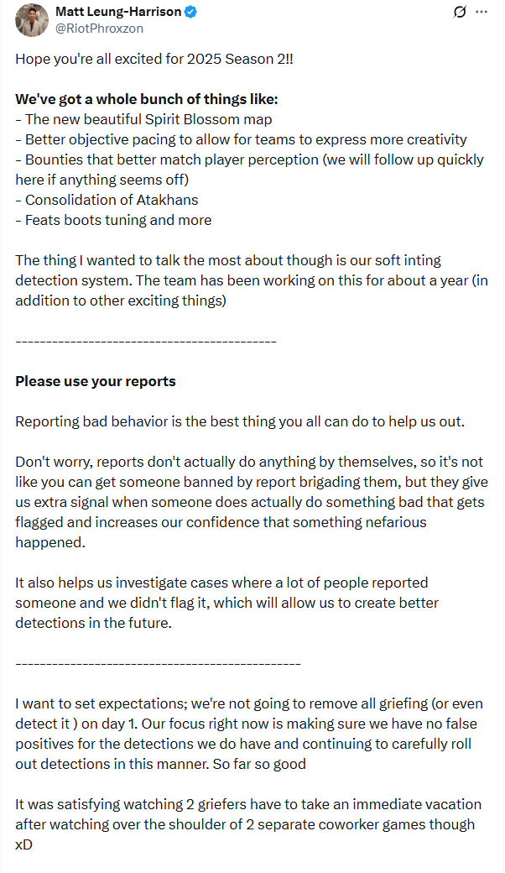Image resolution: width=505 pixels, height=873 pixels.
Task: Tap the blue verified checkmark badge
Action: [x=191, y=12]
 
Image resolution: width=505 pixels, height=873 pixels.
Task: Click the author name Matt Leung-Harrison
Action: [x=117, y=12]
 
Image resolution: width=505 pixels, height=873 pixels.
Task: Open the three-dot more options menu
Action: [x=481, y=12]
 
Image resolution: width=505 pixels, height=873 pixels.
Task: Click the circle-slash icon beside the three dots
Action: [x=459, y=12]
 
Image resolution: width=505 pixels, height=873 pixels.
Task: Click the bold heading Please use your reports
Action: [x=96, y=381]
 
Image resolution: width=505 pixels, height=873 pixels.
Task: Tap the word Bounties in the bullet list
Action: [x=53, y=159]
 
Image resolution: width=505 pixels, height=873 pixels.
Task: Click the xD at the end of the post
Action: [x=23, y=844]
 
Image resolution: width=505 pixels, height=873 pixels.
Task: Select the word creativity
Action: [x=436, y=139]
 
